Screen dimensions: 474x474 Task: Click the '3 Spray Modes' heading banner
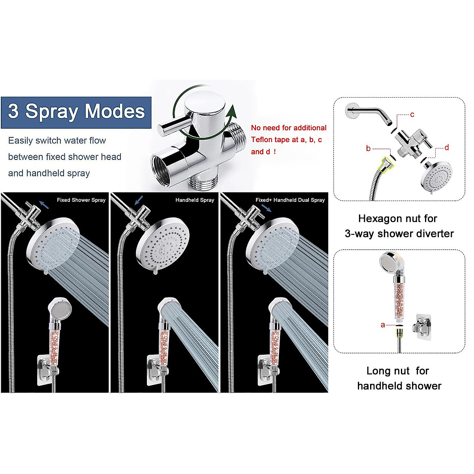coord(76,112)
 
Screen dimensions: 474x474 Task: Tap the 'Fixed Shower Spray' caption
coord(81,200)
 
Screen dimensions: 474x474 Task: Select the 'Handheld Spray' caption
coord(195,200)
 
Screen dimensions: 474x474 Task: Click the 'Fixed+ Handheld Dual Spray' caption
coord(290,200)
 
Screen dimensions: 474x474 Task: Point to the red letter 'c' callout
coord(412,115)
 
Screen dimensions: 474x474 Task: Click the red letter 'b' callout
coord(368,149)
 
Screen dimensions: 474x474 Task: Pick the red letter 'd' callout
coord(447,147)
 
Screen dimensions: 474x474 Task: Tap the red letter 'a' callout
coord(382,325)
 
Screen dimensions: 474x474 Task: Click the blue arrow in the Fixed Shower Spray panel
coord(45,205)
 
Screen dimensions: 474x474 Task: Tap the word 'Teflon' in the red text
coord(264,139)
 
